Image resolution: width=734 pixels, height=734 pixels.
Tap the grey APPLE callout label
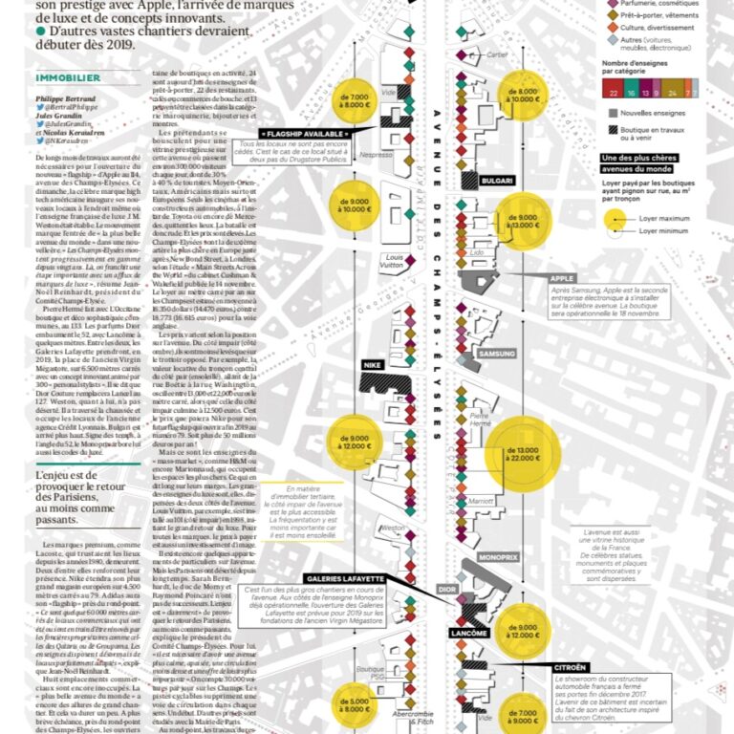[561, 278]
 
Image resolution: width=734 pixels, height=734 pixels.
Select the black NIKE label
[347, 365]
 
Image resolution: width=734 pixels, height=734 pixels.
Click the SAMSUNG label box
[496, 353]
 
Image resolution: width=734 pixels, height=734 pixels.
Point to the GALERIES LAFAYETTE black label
[346, 578]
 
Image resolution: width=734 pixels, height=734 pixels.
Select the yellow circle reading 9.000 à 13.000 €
[528, 223]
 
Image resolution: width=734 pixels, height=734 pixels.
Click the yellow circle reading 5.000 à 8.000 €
[353, 706]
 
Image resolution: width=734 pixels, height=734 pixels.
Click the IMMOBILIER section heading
[68, 77]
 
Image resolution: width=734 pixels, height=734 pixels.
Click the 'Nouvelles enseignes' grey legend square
[613, 114]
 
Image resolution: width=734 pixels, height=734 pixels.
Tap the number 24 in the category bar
[675, 93]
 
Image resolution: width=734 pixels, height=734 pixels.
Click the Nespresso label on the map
[377, 154]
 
